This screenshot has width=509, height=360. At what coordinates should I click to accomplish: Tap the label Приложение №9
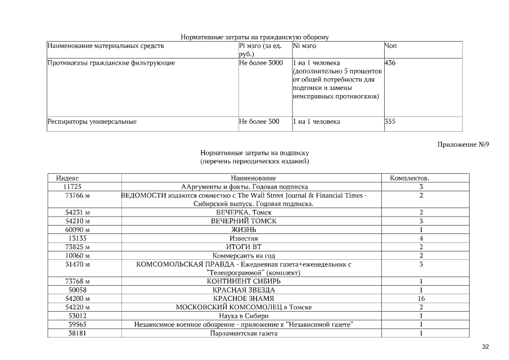click(463, 145)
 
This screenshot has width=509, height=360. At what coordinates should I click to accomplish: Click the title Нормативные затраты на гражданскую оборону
click(254, 37)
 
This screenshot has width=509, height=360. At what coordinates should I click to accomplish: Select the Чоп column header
click(390, 46)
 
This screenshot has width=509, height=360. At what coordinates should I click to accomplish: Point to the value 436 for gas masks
click(390, 63)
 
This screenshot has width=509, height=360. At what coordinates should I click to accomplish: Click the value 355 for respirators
click(390, 121)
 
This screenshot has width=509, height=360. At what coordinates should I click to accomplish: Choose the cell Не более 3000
click(260, 63)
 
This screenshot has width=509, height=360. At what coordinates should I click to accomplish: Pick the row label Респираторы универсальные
click(92, 121)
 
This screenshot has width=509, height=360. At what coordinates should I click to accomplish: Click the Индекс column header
click(67, 178)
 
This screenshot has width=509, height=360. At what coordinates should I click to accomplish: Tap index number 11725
click(73, 186)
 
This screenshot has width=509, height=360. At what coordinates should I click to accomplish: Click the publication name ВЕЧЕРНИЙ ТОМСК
click(244, 221)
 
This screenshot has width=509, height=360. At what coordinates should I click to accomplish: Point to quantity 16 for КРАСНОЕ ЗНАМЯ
click(421, 298)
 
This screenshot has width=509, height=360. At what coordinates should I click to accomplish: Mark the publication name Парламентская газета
click(244, 333)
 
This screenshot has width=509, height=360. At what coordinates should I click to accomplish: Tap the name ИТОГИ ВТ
click(244, 247)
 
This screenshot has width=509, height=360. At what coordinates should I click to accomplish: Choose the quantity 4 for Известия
click(421, 238)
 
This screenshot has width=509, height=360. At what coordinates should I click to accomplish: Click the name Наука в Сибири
click(244, 316)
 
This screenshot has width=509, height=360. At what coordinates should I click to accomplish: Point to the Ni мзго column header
click(304, 46)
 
